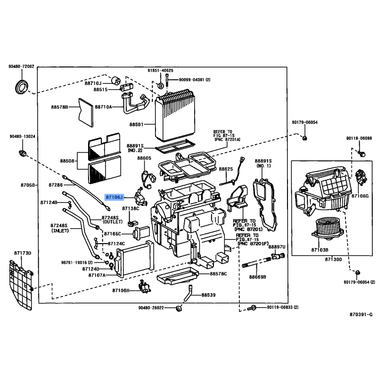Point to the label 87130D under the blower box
[x=334, y=260]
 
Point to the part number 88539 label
[x=208, y=295]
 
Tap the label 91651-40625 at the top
[x=160, y=71]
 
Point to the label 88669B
[x=258, y=277]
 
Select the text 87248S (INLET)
[x=60, y=228]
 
